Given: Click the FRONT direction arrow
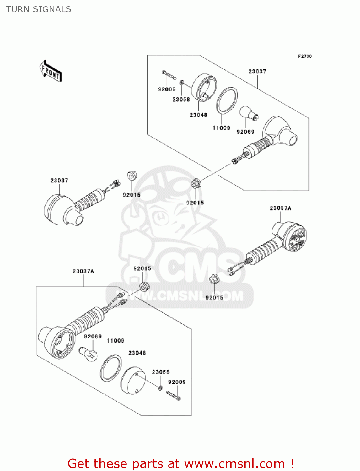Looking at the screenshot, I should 51,71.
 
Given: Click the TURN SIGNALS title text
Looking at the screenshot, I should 39,9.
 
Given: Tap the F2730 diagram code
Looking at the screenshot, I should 305,56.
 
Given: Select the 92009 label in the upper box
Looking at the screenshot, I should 166,89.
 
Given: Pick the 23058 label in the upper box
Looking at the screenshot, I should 181,100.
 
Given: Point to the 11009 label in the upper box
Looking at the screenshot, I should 221,128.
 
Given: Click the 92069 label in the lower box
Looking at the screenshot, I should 93,336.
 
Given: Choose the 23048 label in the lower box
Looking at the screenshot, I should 137,353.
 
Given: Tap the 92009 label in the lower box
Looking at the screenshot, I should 177,382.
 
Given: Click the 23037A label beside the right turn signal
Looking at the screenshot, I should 280,208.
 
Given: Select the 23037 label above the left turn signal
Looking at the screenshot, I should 59,181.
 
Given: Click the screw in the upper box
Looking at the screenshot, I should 169,75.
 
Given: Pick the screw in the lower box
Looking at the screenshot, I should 173,395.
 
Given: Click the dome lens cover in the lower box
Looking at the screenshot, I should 133,380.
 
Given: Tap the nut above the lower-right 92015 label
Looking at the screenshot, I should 214,279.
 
